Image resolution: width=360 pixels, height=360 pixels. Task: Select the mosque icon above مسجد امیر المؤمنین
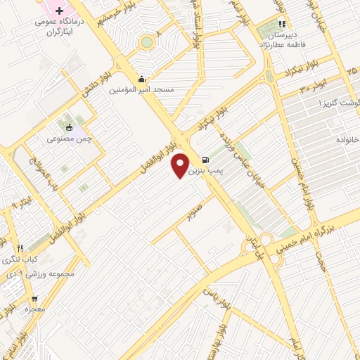143,79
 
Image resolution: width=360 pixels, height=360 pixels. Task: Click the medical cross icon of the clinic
59,12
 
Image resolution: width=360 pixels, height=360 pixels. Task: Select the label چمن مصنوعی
65,139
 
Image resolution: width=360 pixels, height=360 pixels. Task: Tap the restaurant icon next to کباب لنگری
20,248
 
